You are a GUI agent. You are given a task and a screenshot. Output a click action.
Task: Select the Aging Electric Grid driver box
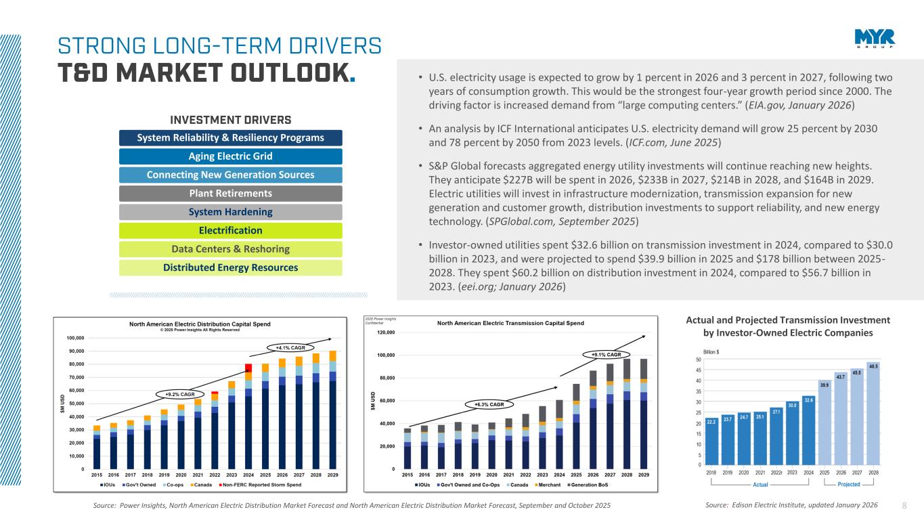pyautogui.click(x=230, y=156)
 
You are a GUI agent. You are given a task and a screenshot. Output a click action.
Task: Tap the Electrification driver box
pyautogui.click(x=230, y=230)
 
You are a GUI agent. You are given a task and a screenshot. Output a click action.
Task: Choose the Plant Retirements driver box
pyautogui.click(x=230, y=194)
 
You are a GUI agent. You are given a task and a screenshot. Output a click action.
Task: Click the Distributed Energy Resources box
pyautogui.click(x=230, y=267)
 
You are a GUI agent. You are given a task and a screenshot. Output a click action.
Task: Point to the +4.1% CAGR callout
pyautogui.click(x=289, y=348)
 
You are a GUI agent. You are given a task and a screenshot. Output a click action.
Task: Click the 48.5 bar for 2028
pyautogui.click(x=873, y=414)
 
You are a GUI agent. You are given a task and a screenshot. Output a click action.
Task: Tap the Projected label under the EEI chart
pyautogui.click(x=848, y=484)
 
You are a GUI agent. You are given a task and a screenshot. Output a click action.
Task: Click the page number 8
pyautogui.click(x=906, y=505)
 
